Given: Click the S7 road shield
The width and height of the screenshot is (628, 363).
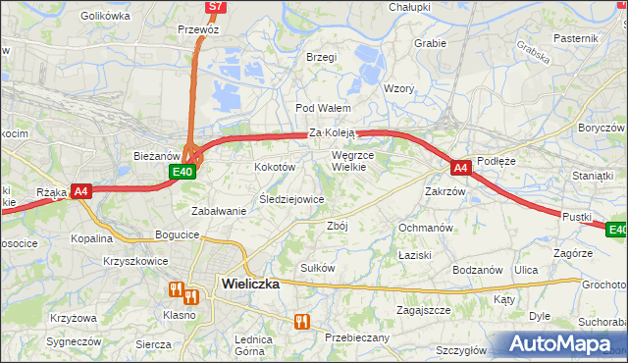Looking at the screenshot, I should [216, 7].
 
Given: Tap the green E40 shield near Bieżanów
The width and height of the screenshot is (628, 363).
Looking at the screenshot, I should [182, 172].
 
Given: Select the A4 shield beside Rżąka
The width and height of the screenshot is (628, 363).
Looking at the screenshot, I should [81, 192].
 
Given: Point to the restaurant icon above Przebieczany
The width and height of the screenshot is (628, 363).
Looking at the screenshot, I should [302, 321].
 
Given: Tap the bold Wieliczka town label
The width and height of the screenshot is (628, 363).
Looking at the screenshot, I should [250, 284].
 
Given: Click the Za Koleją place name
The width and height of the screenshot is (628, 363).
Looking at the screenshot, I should [332, 132].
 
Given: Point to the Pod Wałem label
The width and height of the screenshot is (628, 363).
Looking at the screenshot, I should [318, 108].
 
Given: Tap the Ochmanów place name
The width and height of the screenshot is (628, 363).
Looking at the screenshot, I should [425, 228].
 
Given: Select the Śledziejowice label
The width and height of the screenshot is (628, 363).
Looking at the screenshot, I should [290, 199].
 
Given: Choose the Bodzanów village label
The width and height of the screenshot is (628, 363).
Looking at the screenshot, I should [477, 270].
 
